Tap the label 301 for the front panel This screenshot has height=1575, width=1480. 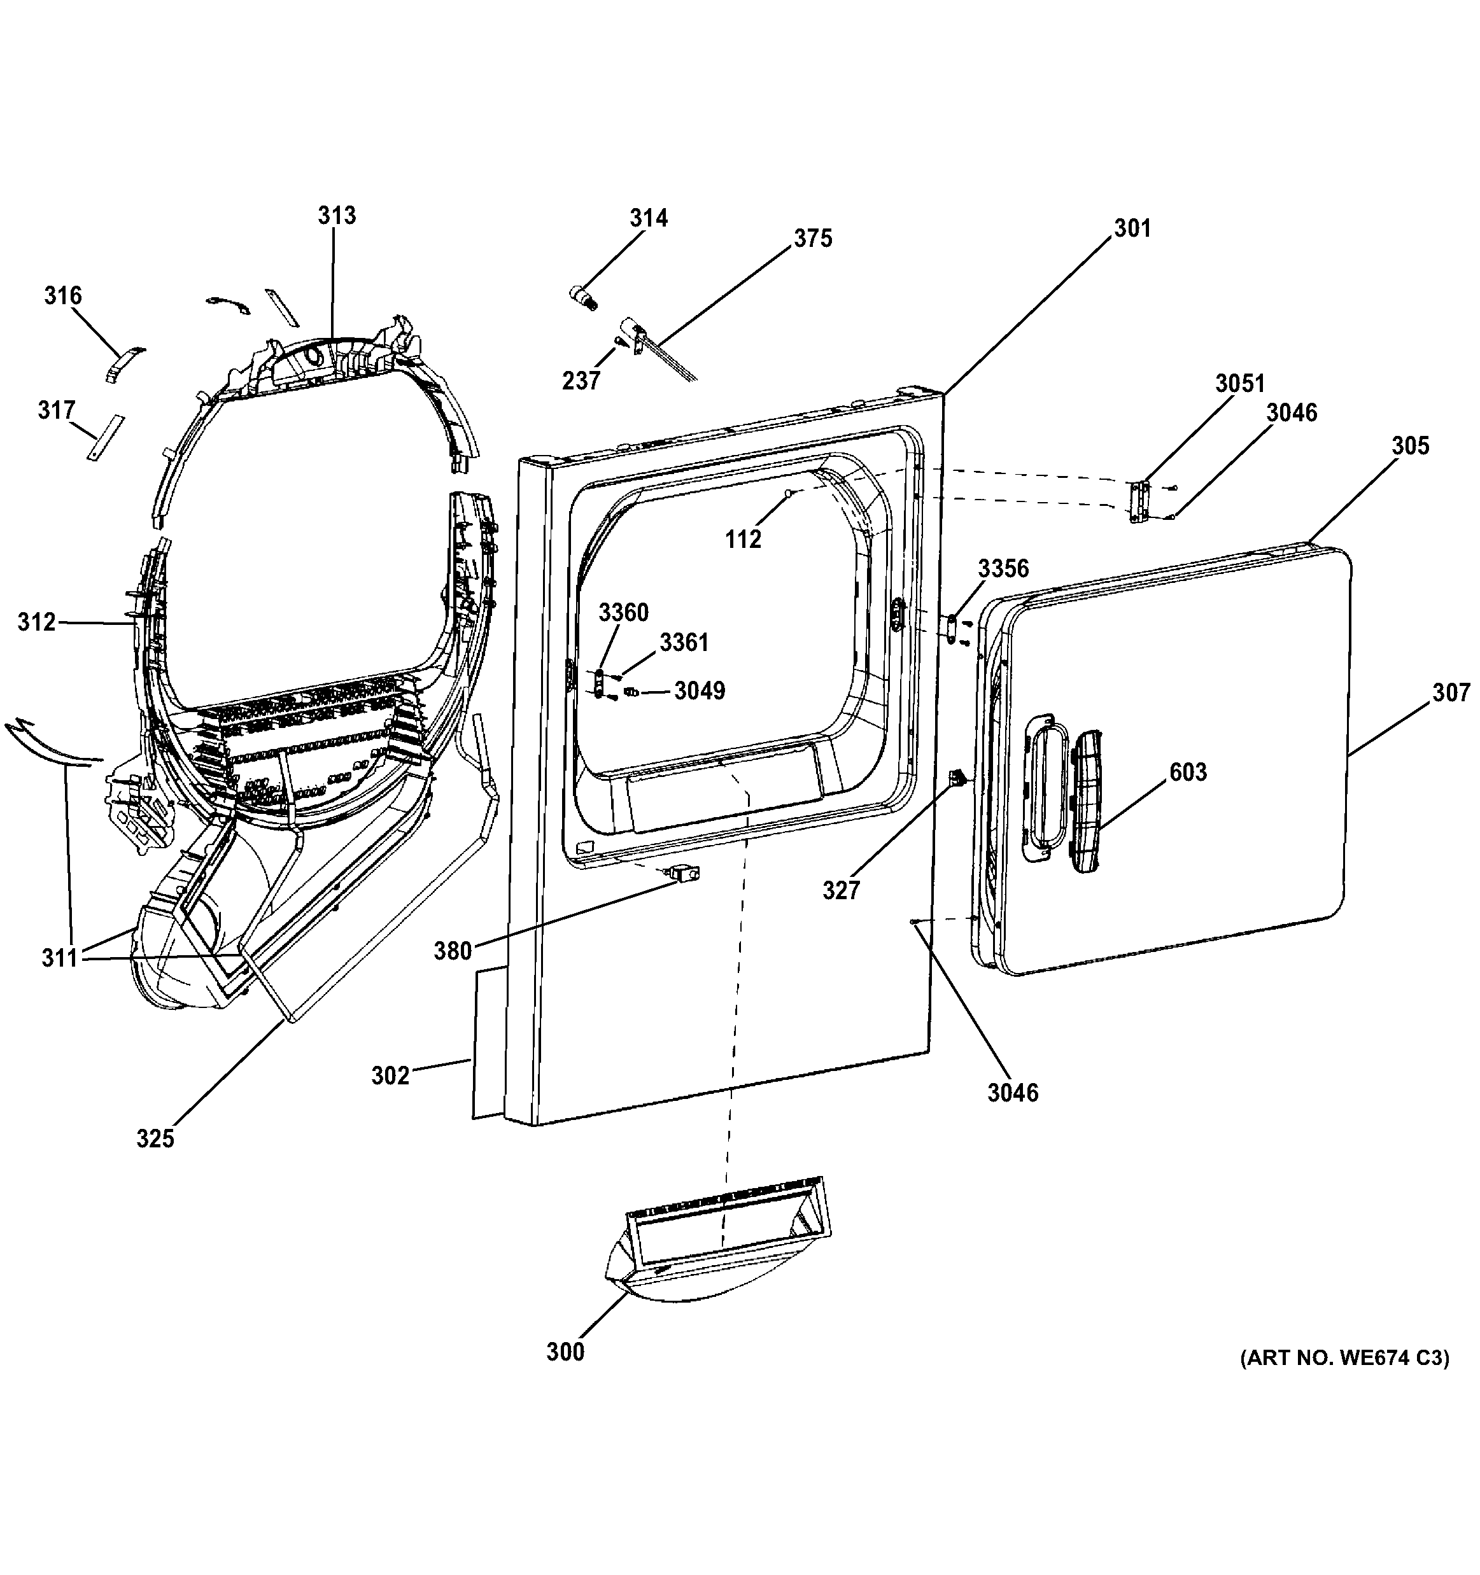point(1132,228)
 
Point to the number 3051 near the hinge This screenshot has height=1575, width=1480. point(1240,384)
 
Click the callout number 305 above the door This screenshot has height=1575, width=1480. point(1410,445)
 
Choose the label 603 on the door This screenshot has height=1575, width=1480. point(1188,772)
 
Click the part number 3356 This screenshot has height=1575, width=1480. point(1003,568)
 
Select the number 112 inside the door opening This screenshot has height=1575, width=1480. point(743,539)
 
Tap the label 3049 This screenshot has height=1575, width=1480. point(700,691)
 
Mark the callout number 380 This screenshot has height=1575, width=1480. point(453,951)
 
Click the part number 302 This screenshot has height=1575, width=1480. point(391,1075)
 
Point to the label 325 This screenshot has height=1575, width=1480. point(155,1138)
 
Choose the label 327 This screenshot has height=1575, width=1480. point(841,890)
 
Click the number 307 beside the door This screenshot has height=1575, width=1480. point(1451,692)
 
